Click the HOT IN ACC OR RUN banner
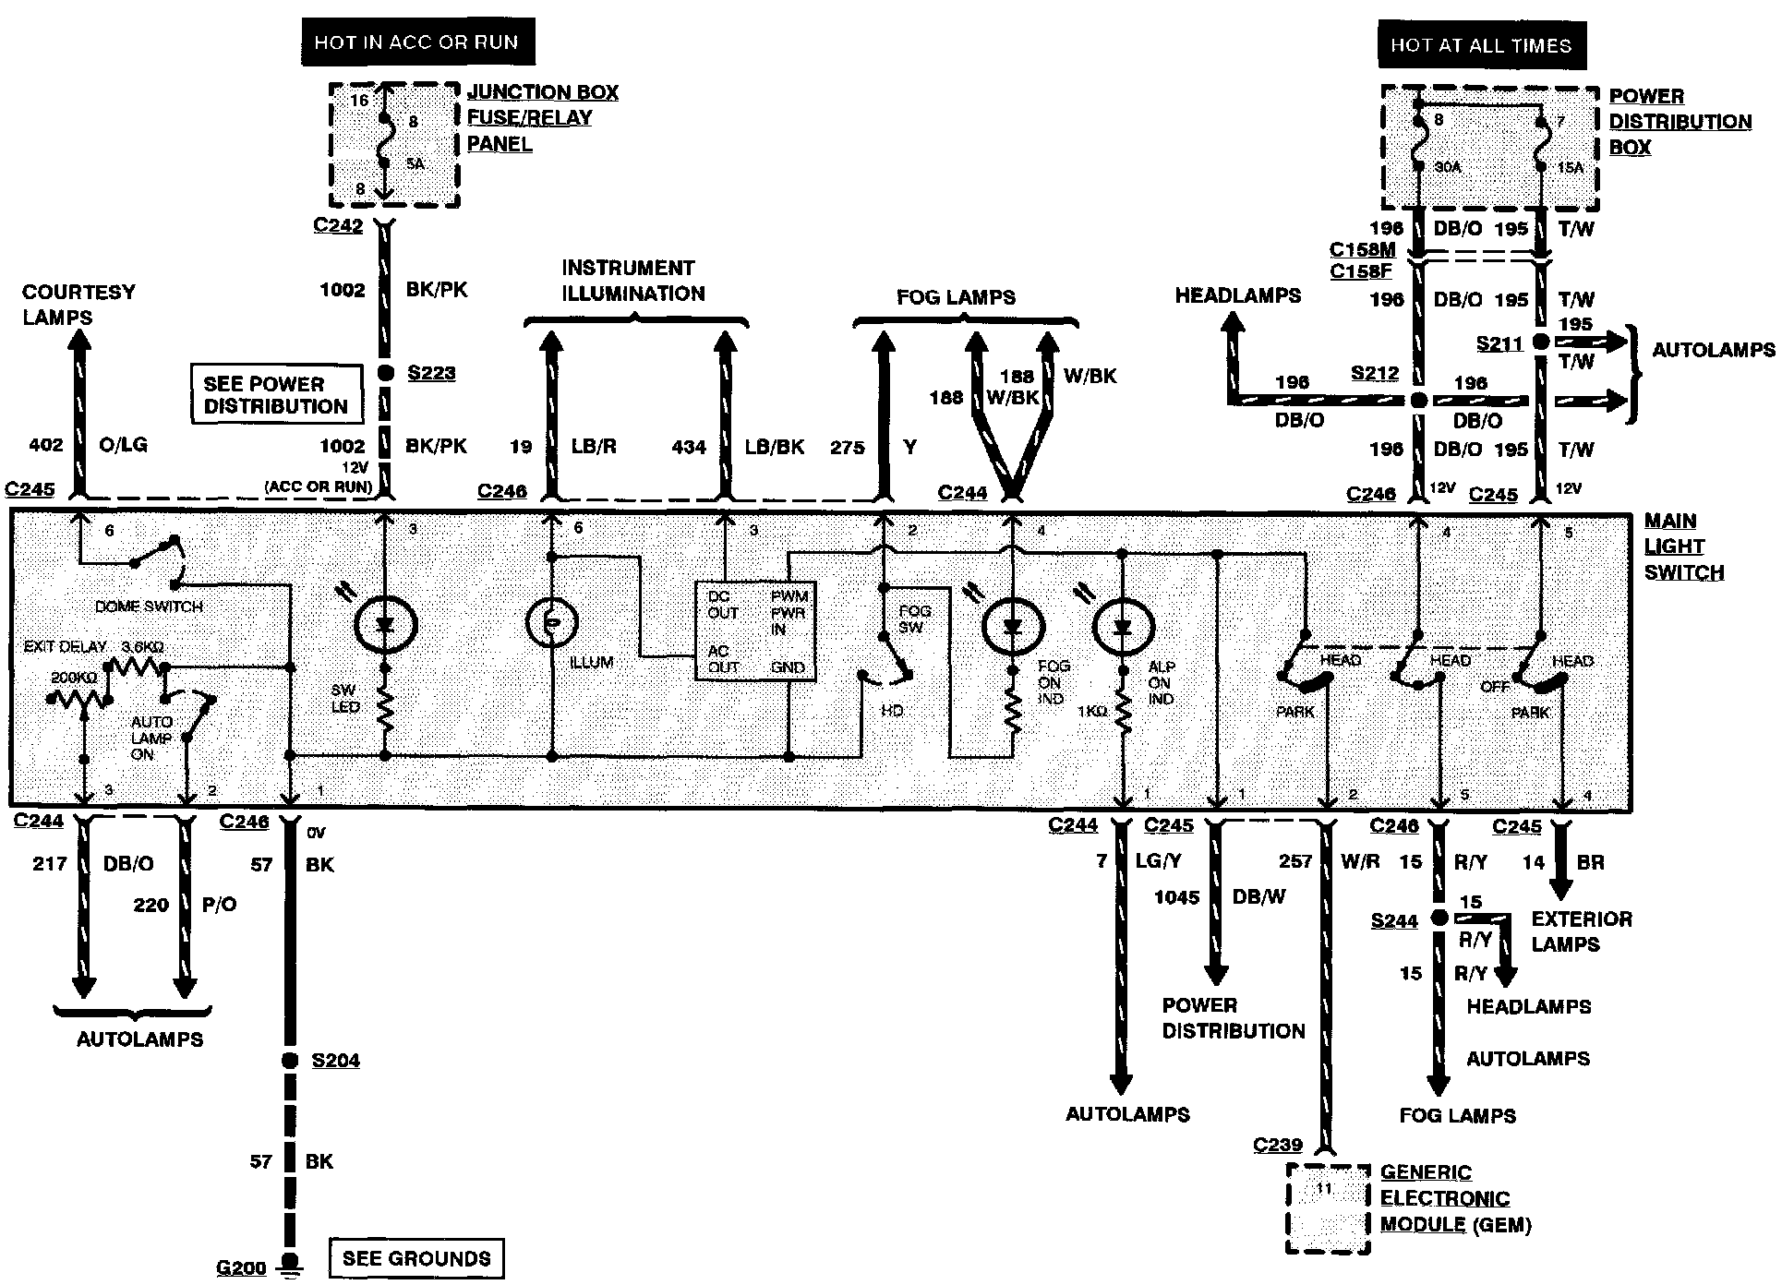click(x=417, y=42)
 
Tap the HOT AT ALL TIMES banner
click(x=1481, y=45)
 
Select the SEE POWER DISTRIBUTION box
click(x=275, y=395)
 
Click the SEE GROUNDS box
click(x=415, y=1258)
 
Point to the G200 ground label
click(x=240, y=1267)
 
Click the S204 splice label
click(x=335, y=1061)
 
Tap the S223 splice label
click(x=431, y=373)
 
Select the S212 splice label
click(x=1375, y=374)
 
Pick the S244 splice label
click(x=1393, y=920)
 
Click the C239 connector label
click(x=1278, y=1145)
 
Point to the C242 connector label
click(x=338, y=225)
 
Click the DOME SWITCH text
click(x=149, y=606)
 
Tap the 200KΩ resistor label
click(x=74, y=677)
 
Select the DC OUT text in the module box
click(x=722, y=605)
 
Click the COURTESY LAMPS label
click(x=78, y=305)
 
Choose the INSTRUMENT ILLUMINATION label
click(x=632, y=281)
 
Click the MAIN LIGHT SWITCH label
click(x=1683, y=546)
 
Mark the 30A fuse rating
click(x=1448, y=167)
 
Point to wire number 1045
click(x=1176, y=897)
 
